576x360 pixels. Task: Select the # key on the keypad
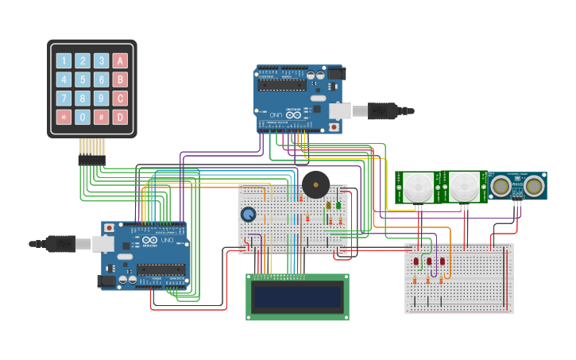tap(101, 118)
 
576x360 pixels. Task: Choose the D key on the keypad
tap(120, 118)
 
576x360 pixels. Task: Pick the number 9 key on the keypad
tap(101, 99)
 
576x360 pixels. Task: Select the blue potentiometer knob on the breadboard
tap(249, 215)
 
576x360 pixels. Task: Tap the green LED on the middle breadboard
tap(338, 205)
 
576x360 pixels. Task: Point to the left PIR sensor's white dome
tap(416, 188)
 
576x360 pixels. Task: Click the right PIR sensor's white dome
tap(464, 188)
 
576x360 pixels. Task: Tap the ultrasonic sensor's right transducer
tap(534, 185)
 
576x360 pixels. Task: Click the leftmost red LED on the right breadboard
tap(416, 261)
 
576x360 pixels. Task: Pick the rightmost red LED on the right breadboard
tap(442, 261)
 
